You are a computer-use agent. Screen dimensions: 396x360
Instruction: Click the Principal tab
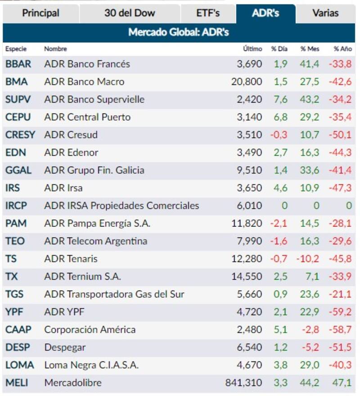coord(40,13)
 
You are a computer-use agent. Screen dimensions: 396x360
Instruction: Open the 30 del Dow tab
coord(130,13)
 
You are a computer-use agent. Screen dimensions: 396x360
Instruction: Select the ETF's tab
coord(208,13)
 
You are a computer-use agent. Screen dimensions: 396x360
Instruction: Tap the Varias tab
coord(325,13)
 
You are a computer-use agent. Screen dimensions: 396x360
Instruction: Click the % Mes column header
coord(310,49)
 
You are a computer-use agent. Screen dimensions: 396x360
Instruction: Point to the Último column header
coord(252,49)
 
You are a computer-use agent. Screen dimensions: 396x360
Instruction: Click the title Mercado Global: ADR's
coord(179,32)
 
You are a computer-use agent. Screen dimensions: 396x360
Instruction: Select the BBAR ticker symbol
coord(18,64)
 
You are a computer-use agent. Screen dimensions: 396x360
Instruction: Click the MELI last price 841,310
coord(243,383)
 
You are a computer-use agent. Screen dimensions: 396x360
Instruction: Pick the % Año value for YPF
coord(340,312)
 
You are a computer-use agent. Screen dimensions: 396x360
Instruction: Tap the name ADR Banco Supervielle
coord(94,99)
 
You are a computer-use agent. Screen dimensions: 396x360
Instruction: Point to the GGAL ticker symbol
coord(18,170)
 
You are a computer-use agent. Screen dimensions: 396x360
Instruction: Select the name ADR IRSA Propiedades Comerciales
coord(121,206)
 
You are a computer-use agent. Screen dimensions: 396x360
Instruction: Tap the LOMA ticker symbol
coord(20,365)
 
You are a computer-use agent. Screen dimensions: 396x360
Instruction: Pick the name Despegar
coord(65,347)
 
